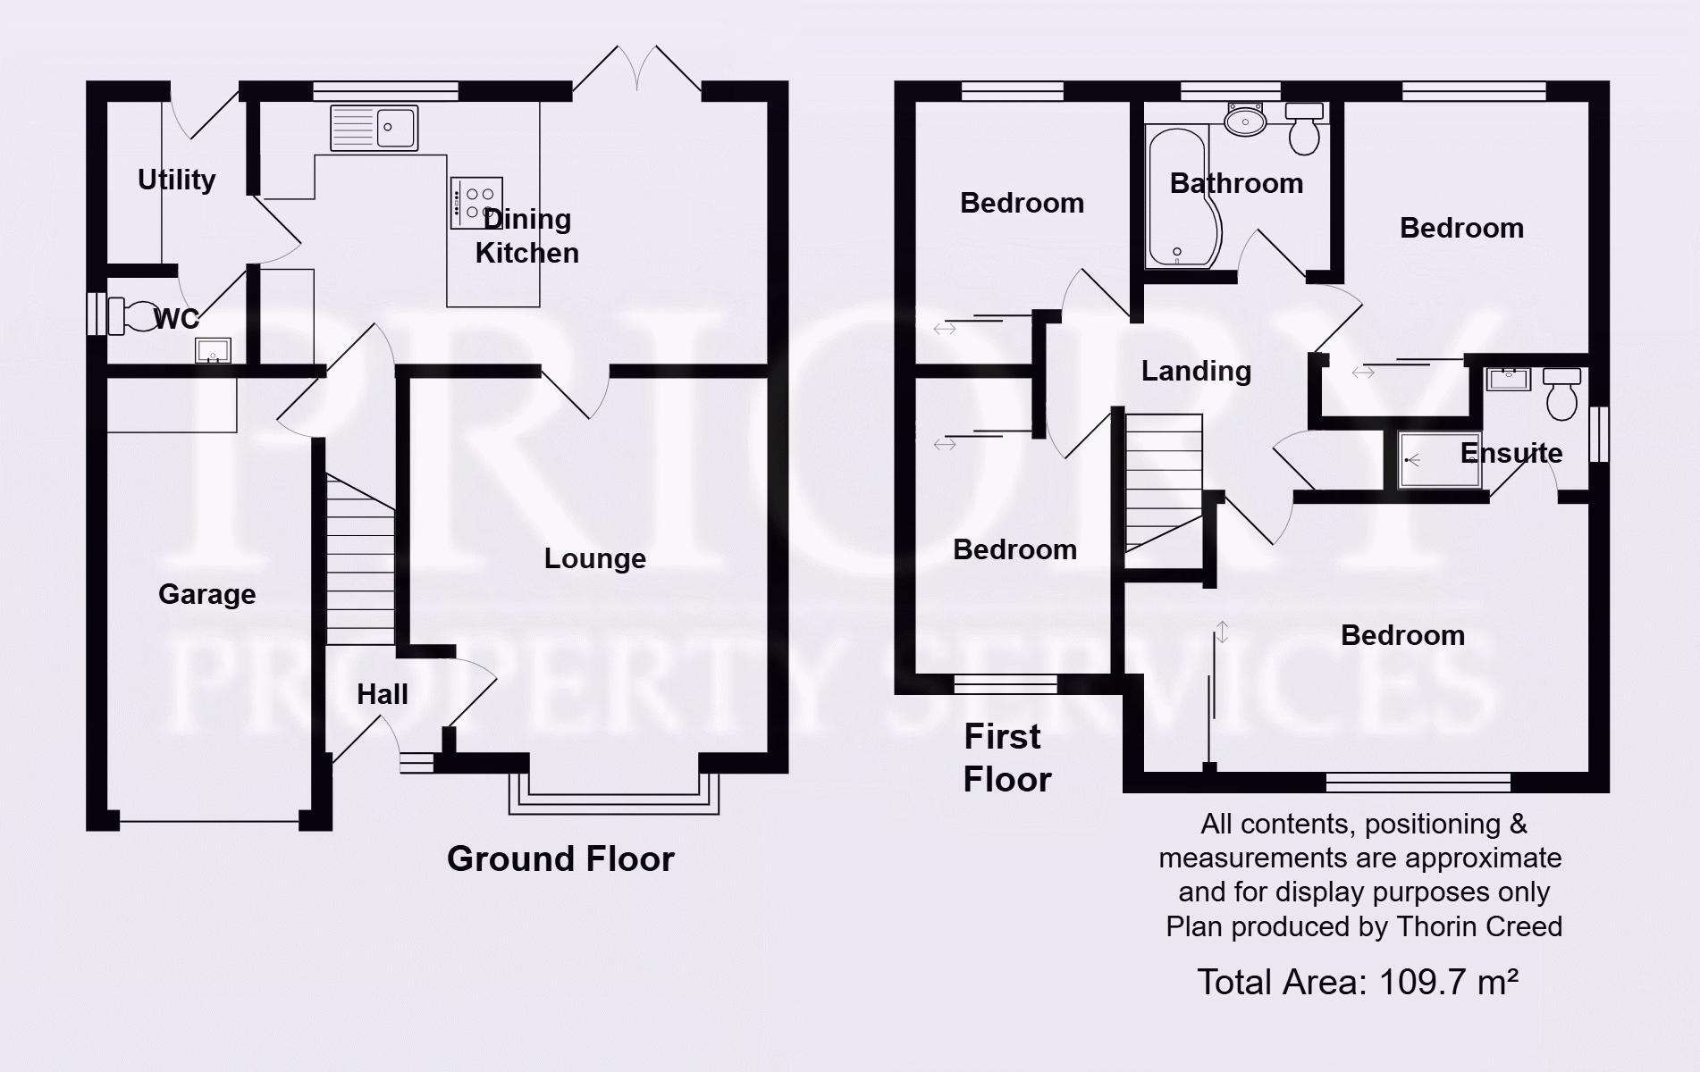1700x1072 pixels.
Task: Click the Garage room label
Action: coord(206,594)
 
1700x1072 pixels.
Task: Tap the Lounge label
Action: coord(594,558)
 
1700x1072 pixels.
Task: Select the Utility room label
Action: coord(176,180)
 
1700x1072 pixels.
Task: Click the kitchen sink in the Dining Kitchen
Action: coord(374,128)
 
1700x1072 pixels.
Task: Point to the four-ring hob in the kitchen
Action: coord(476,203)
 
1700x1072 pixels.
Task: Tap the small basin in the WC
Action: coord(213,350)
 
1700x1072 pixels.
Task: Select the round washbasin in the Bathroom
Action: coord(1245,120)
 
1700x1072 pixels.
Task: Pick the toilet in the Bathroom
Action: coord(1304,129)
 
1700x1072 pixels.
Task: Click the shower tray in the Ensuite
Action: coord(1439,460)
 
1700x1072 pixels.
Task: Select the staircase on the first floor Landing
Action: coord(1163,482)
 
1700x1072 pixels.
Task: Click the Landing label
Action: coord(1196,371)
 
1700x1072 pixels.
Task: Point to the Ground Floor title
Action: coord(560,858)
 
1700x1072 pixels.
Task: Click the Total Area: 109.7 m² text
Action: coord(1358,982)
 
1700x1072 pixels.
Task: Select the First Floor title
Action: coord(1006,758)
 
